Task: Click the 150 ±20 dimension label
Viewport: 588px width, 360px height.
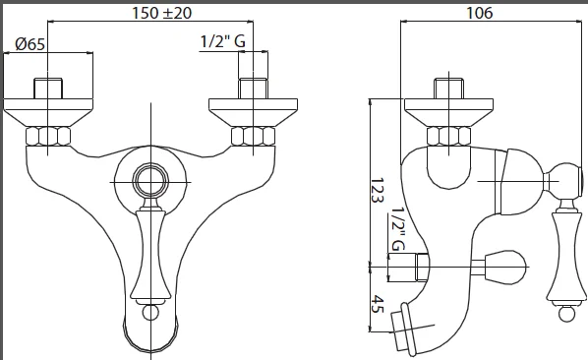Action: click(x=161, y=13)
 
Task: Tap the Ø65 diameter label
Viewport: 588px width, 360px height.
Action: click(x=30, y=44)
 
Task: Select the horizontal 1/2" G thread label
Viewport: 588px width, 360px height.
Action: click(x=223, y=41)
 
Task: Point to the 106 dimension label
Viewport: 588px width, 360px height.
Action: click(x=479, y=13)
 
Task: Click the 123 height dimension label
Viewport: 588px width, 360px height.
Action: click(x=377, y=191)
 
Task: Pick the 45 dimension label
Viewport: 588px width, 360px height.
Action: click(x=378, y=304)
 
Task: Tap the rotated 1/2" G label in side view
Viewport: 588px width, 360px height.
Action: click(x=398, y=229)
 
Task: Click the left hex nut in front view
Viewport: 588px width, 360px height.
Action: click(x=48, y=136)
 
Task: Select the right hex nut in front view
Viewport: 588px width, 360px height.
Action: click(x=253, y=136)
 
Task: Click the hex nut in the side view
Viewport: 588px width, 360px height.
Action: click(x=449, y=136)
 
